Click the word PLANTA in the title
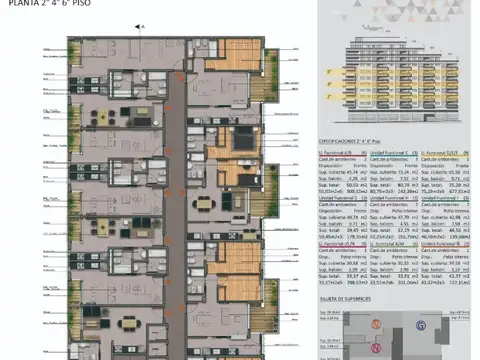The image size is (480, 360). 20,4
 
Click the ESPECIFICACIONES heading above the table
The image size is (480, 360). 341,144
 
